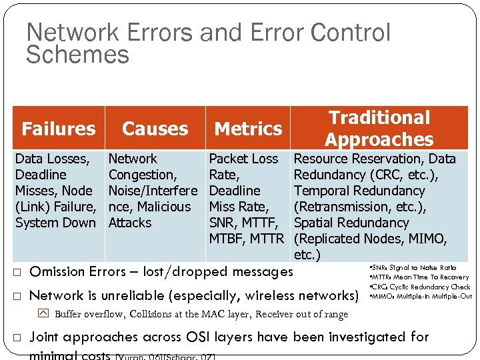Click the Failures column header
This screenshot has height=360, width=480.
coord(59,128)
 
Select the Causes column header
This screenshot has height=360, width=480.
coord(155,128)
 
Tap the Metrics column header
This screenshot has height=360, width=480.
coord(248,128)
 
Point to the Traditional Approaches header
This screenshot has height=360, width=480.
coord(379,128)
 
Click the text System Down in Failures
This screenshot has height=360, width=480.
coord(55,223)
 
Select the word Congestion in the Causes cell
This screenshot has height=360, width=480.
coord(141,175)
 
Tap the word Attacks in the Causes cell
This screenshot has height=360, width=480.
coord(129,223)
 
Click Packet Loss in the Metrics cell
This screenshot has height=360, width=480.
coord(243,159)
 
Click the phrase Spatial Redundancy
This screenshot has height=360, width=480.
coord(351,223)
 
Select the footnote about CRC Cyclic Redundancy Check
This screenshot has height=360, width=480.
coord(419,287)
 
